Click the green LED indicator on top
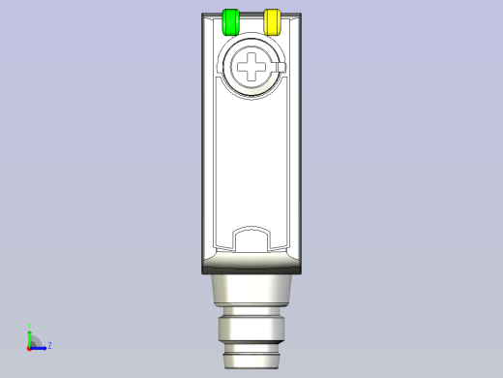[230, 21]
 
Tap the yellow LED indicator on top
[272, 21]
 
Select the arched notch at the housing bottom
[251, 238]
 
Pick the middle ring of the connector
[251, 329]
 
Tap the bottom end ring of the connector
[251, 361]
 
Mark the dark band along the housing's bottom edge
[251, 269]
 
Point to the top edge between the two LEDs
[251, 15]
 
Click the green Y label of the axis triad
[29, 327]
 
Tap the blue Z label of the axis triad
[49, 345]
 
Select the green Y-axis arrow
[29, 337]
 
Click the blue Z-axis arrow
[40, 346]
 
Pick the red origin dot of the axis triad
[29, 347]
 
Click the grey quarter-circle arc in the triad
[36, 340]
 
